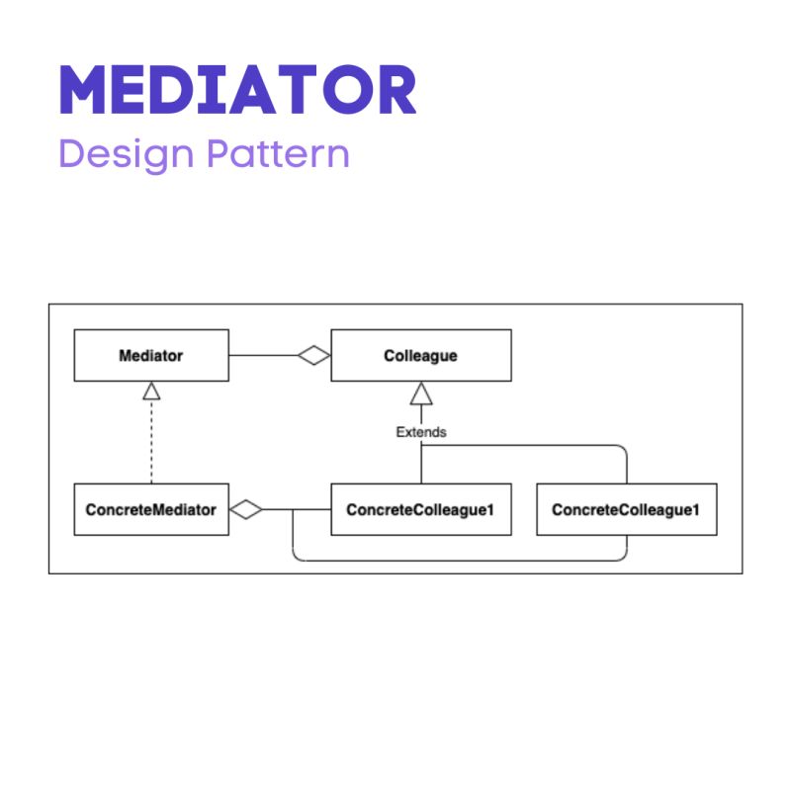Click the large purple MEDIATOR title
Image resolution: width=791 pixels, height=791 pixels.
(x=237, y=91)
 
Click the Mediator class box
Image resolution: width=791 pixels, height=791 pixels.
(x=151, y=355)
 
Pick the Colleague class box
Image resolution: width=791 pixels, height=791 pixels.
(x=420, y=355)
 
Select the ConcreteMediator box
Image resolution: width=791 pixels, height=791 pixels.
(x=151, y=509)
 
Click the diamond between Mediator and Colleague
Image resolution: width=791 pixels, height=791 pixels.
(x=313, y=355)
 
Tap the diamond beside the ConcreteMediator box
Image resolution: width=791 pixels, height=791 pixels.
(x=246, y=509)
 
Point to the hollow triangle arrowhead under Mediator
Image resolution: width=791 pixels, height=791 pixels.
(x=151, y=392)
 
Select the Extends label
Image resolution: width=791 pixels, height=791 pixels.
(x=421, y=432)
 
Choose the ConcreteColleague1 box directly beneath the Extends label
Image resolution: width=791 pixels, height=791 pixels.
(x=420, y=509)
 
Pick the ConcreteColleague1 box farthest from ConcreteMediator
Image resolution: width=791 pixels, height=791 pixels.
(x=626, y=509)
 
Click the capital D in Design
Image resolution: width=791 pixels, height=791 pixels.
(x=71, y=155)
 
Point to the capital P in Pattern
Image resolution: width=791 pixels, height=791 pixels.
(x=216, y=155)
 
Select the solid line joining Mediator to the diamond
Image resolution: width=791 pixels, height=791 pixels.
(x=263, y=355)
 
